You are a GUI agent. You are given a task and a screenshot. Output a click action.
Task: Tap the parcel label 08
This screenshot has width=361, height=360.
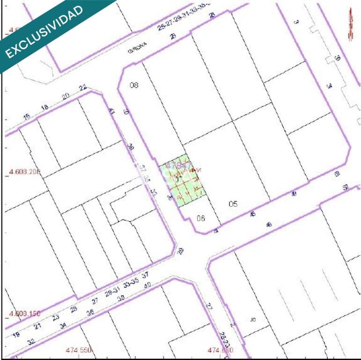click(x=134, y=85)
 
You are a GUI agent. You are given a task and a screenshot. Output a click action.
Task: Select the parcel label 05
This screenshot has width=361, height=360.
click(x=233, y=204)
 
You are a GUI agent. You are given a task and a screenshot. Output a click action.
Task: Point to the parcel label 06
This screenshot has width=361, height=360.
click(x=201, y=218)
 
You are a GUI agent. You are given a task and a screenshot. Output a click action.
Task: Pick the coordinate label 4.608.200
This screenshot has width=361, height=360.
click(x=25, y=172)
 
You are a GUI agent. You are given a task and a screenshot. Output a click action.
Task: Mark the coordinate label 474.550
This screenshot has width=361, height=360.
click(x=79, y=350)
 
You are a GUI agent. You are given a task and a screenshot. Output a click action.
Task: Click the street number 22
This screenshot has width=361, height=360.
click(x=83, y=88)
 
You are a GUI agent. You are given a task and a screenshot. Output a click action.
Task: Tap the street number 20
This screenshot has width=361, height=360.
click(x=66, y=96)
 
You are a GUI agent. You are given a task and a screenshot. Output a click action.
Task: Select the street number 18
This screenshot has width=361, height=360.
click(x=45, y=107)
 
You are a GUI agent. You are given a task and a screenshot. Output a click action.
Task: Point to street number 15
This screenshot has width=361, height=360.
click(x=27, y=116)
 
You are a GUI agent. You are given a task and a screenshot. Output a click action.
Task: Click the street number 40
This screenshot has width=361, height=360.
click(x=147, y=285)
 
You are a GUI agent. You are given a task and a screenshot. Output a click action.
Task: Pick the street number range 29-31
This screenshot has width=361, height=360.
click(x=114, y=293)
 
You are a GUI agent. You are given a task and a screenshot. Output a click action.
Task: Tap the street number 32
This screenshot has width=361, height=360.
click(x=31, y=342)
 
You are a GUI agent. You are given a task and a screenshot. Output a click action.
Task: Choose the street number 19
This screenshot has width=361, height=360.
click(x=16, y=335)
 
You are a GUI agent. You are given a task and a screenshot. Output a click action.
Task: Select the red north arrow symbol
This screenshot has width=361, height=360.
click(x=350, y=25)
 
